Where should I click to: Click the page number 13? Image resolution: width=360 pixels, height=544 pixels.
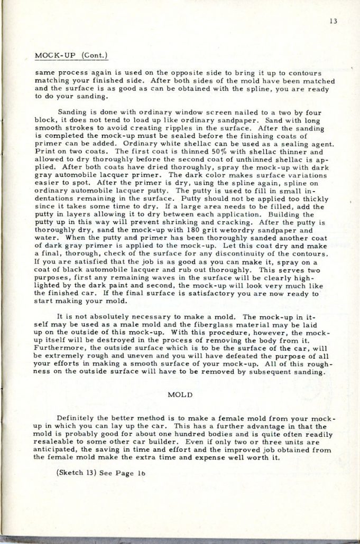click(335, 22)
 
